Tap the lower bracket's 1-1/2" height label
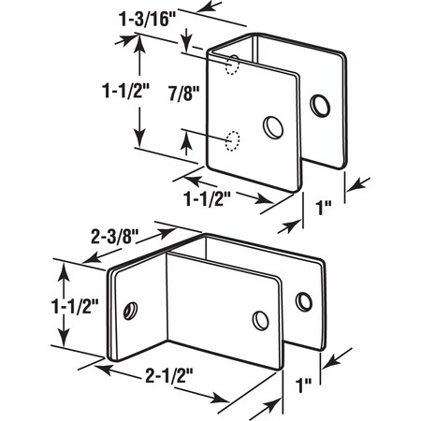click(25, 304)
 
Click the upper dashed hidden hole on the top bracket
click(231, 65)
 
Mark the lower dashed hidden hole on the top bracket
click(231, 139)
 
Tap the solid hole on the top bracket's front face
click(273, 126)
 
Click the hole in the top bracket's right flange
click(322, 106)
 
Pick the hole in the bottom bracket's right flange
click(303, 301)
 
